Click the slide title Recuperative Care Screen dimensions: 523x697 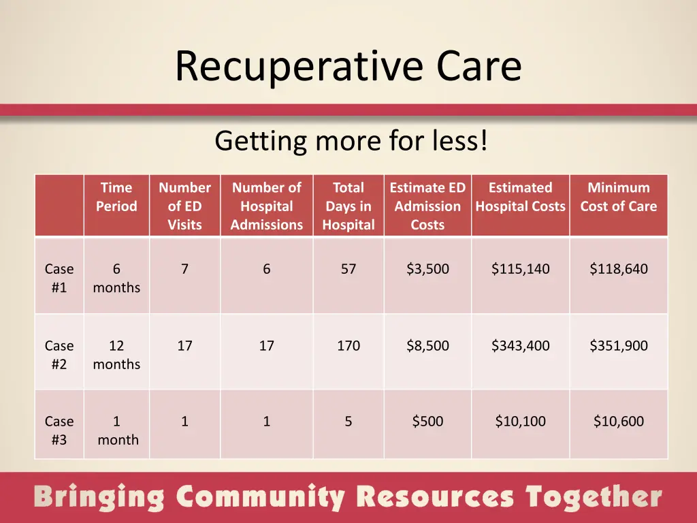[x=348, y=67]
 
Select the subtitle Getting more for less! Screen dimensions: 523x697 [x=351, y=141]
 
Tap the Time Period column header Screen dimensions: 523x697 [x=116, y=197]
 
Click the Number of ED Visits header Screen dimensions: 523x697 [x=184, y=206]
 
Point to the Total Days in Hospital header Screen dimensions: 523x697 [x=348, y=206]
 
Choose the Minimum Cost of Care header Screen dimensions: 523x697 [x=619, y=197]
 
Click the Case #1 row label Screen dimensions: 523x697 [x=59, y=278]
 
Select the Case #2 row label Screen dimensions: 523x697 [x=59, y=355]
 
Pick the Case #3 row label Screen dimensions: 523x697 [x=59, y=430]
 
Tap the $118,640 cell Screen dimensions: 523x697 [x=619, y=269]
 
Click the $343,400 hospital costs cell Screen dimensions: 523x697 [x=521, y=346]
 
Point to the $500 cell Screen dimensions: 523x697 [x=427, y=422]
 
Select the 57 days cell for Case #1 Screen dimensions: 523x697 [x=348, y=269]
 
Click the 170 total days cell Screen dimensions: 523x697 [x=348, y=346]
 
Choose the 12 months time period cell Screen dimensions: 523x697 [x=116, y=355]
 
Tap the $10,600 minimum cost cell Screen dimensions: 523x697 [x=619, y=422]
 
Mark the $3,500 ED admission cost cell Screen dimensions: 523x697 [x=427, y=269]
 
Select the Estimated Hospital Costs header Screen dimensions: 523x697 [x=521, y=197]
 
